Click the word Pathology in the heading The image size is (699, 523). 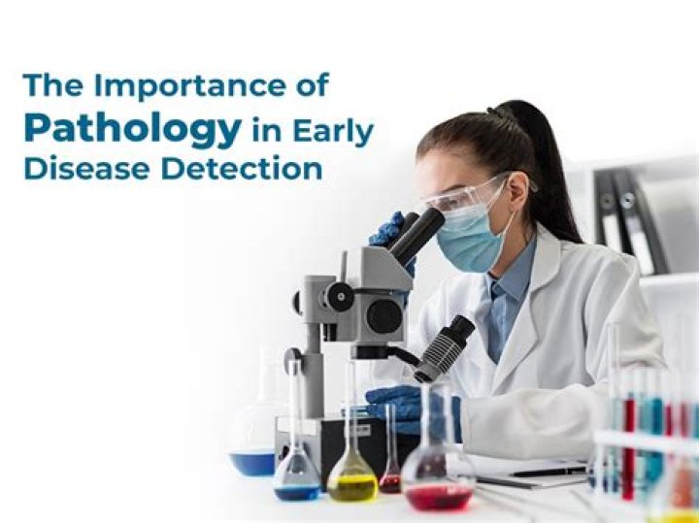pyautogui.click(x=133, y=129)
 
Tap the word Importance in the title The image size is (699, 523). pyautogui.click(x=189, y=85)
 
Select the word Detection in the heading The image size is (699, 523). pyautogui.click(x=241, y=169)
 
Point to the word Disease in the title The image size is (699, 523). pyautogui.click(x=86, y=169)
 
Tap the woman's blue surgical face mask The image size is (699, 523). pyautogui.click(x=470, y=239)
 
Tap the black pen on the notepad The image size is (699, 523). pyautogui.click(x=549, y=472)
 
